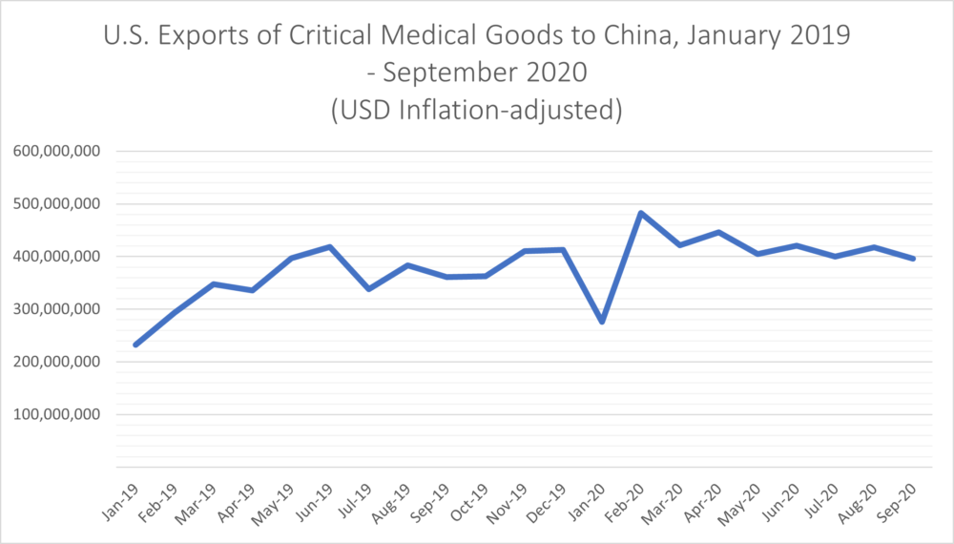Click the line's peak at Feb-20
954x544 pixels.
coord(641,213)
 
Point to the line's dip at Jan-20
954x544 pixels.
coord(602,322)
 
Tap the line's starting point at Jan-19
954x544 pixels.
coord(135,345)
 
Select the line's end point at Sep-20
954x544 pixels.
coord(914,259)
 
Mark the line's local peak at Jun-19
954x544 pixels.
coord(330,246)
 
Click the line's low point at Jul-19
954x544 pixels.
coord(369,288)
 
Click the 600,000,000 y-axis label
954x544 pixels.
coord(61,151)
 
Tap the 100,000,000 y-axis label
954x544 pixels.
coord(61,415)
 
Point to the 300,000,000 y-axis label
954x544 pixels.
coord(61,309)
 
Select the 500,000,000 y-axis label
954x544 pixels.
coord(61,204)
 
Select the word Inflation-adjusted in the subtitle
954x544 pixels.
coord(515,110)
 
